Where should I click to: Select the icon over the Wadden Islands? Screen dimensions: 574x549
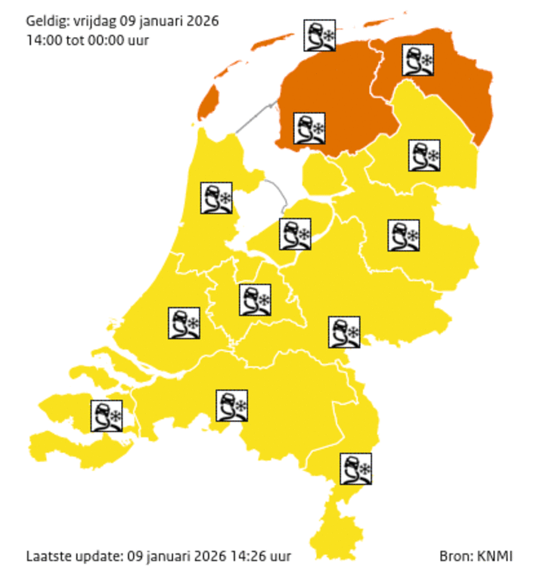pyautogui.click(x=319, y=35)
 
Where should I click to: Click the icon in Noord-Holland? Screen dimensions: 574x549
pyautogui.click(x=216, y=198)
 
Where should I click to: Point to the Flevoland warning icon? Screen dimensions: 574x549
pyautogui.click(x=294, y=233)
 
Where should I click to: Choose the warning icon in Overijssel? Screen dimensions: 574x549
pyautogui.click(x=403, y=235)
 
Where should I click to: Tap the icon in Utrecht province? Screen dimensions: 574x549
pyautogui.click(x=255, y=300)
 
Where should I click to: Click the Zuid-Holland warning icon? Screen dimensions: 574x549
pyautogui.click(x=184, y=323)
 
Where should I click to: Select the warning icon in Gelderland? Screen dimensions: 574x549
pyautogui.click(x=344, y=332)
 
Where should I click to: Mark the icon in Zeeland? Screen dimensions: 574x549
pyautogui.click(x=107, y=415)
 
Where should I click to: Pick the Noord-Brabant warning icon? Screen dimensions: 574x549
pyautogui.click(x=231, y=406)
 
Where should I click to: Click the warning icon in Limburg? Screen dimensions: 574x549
pyautogui.click(x=355, y=468)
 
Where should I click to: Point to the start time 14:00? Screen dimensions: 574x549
pyautogui.click(x=43, y=39)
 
